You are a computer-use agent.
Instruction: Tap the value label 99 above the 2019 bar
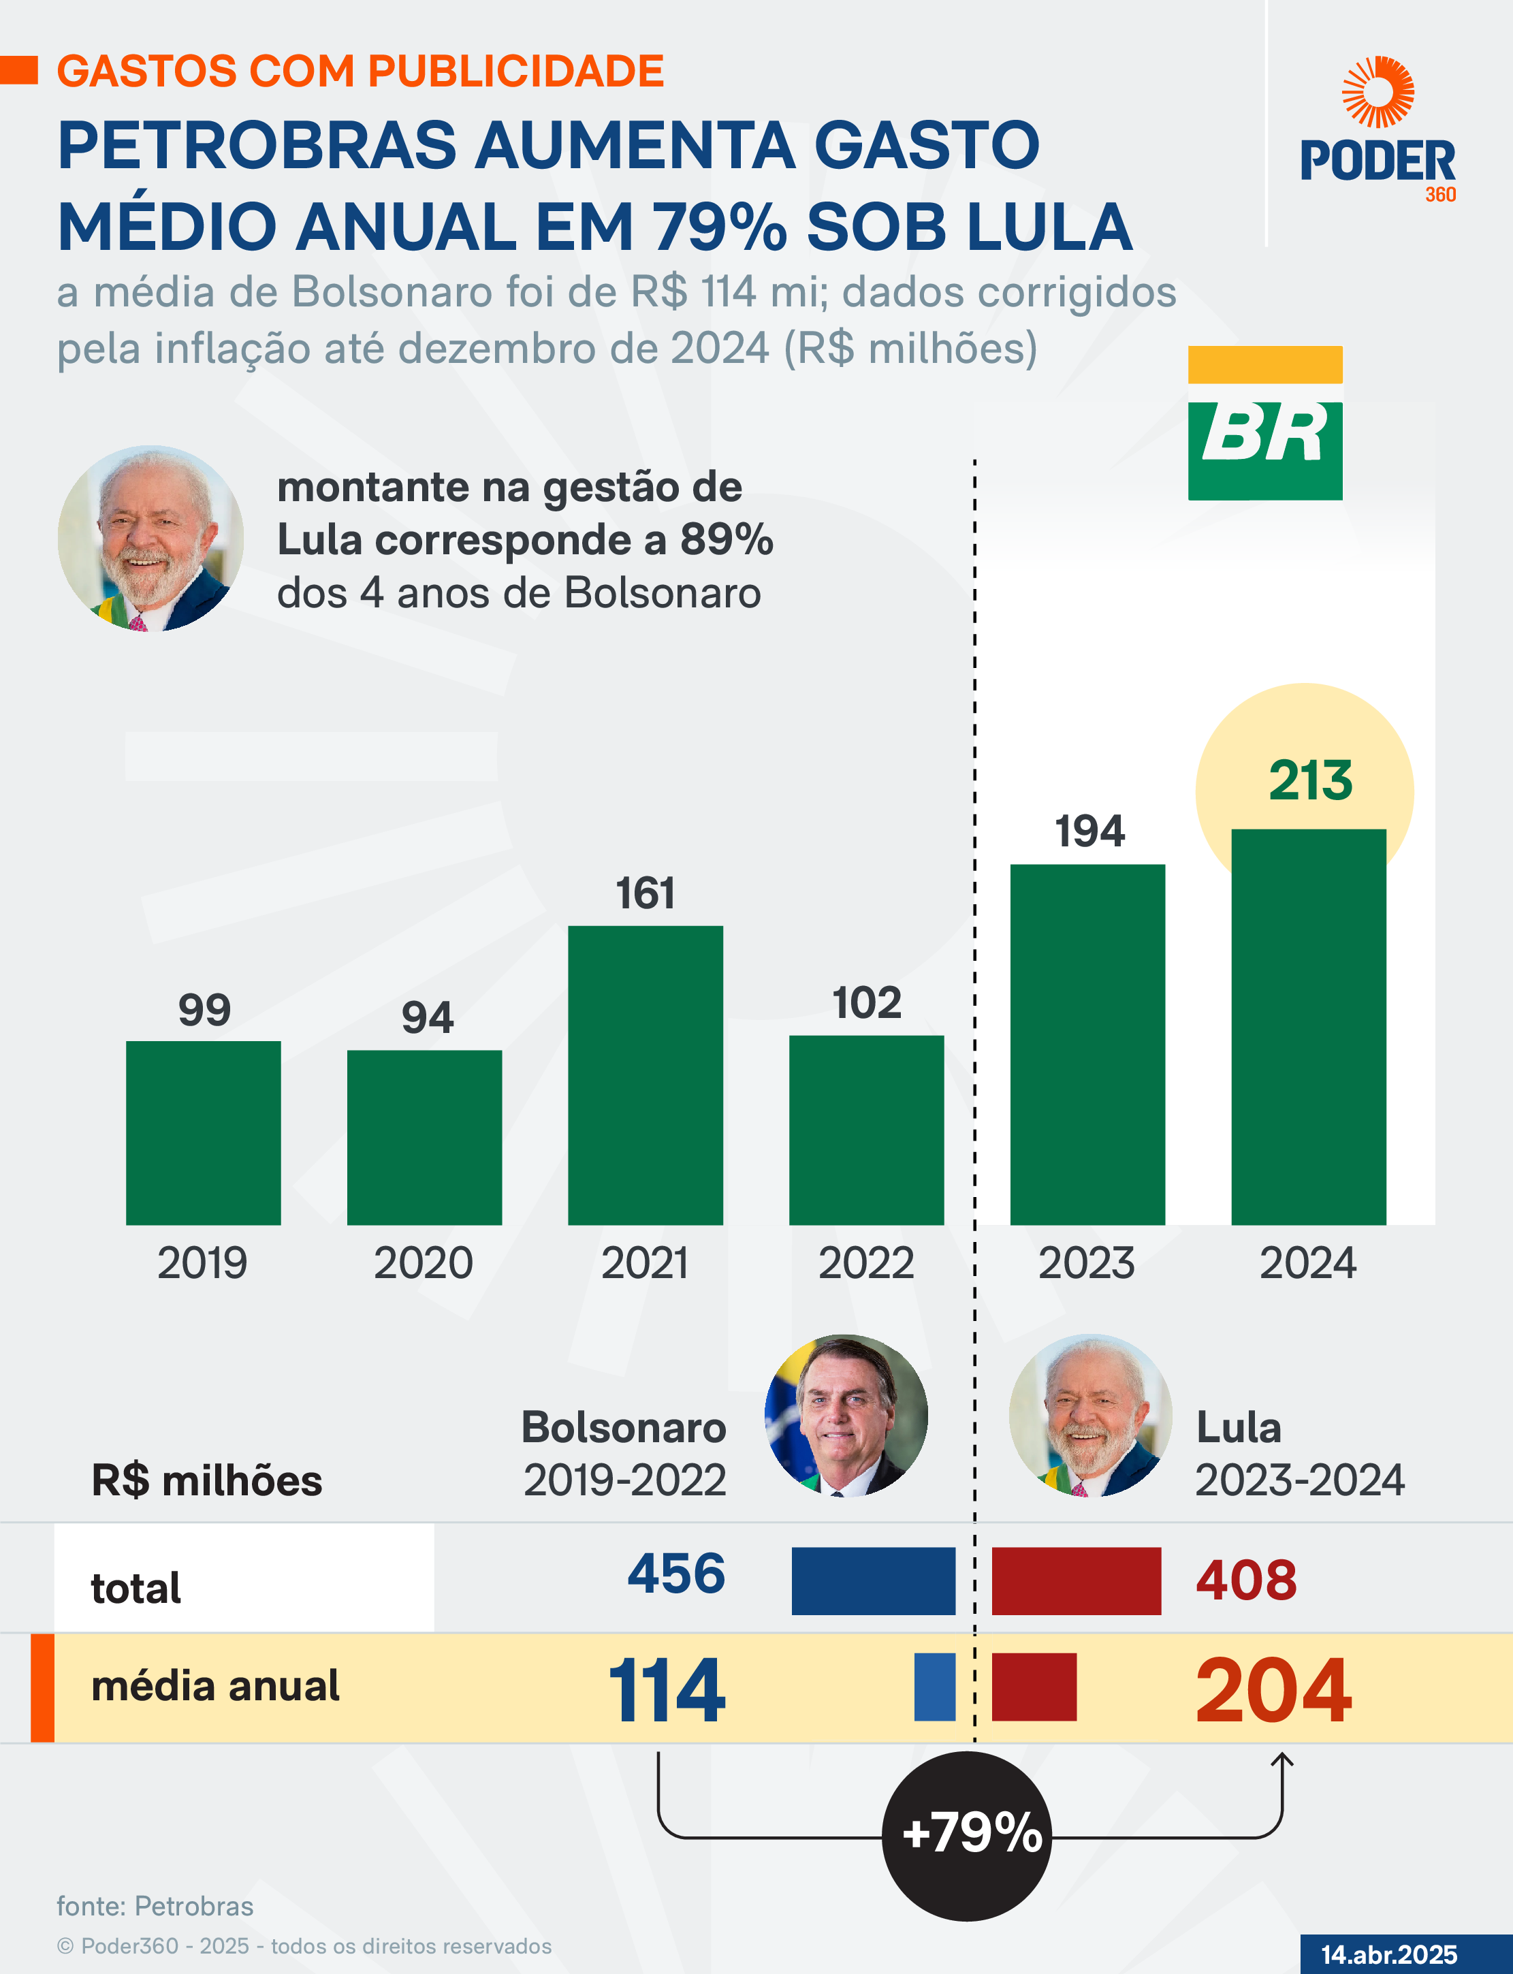(x=204, y=1010)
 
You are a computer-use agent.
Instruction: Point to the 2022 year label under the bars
(x=865, y=1262)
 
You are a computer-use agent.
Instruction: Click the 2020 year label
(x=424, y=1262)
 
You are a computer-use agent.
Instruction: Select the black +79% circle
(x=966, y=1834)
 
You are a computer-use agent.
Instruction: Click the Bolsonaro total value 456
(x=676, y=1573)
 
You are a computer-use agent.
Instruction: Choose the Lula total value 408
(x=1245, y=1580)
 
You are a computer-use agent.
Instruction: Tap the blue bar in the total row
(x=873, y=1580)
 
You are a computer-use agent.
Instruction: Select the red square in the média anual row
(x=1034, y=1687)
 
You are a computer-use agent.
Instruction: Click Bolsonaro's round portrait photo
(x=846, y=1416)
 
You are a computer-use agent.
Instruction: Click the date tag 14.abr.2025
(x=1388, y=1954)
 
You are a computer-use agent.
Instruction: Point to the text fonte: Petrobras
(x=155, y=1905)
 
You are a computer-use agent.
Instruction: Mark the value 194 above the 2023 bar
(x=1089, y=830)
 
